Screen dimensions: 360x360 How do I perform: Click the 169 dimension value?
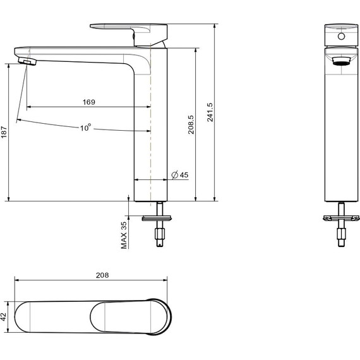89,102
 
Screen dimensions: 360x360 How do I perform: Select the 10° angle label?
85,128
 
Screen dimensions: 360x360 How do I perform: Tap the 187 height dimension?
4,132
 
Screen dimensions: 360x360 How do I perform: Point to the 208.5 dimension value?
191,124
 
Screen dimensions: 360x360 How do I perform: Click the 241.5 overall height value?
210,112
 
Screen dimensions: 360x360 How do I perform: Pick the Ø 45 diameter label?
180,175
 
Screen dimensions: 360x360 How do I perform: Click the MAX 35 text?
124,235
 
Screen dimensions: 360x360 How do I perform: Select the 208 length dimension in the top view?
102,275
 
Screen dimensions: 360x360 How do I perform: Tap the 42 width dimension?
4,317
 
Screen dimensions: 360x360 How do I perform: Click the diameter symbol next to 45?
175,175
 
